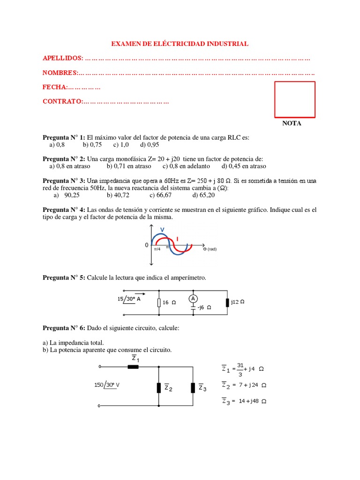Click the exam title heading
180,44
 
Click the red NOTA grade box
294,99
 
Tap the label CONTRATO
62,101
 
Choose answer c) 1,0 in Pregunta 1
121,145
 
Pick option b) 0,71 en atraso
129,166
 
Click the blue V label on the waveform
162,229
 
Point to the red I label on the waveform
177,239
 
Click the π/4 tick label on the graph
157,249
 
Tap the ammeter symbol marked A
192,299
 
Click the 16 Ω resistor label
169,302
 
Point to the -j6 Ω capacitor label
204,308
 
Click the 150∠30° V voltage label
107,385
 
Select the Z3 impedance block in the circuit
193,388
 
